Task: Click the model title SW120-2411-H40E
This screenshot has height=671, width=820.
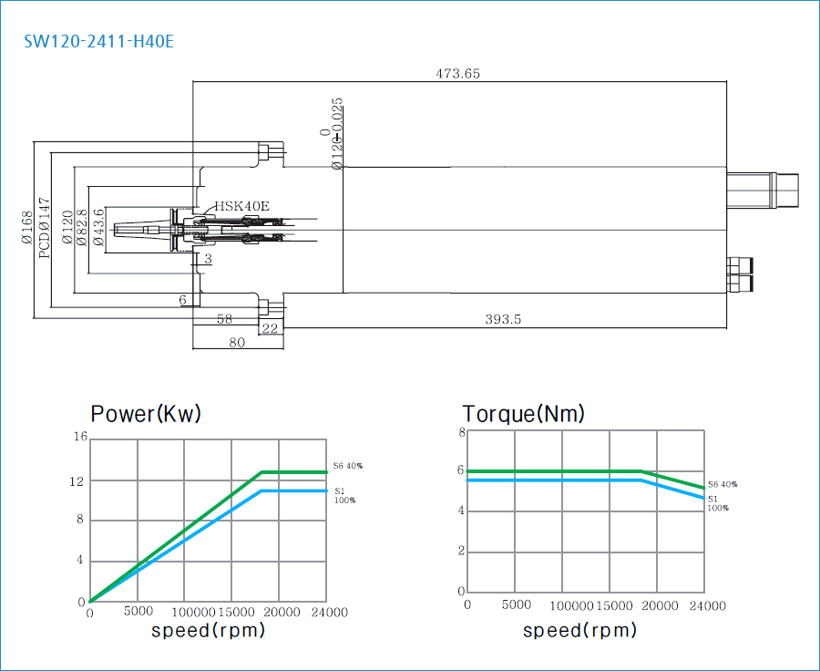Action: coord(98,42)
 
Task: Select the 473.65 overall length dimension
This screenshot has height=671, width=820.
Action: coord(458,74)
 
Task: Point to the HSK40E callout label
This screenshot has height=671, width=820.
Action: coord(242,206)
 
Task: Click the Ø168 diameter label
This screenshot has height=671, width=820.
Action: coord(26,229)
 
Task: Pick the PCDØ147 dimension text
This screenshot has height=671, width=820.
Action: coord(45,229)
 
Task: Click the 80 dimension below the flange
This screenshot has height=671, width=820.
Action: coord(237,343)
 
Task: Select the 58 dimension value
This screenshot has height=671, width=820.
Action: coord(225,319)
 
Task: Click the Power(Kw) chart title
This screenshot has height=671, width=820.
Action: coord(146,414)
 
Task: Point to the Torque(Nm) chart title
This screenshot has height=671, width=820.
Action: coord(523,414)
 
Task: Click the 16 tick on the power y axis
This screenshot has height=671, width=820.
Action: coord(80,438)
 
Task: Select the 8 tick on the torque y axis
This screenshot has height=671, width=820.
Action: coord(462,432)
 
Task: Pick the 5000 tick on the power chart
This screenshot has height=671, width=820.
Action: coord(138,612)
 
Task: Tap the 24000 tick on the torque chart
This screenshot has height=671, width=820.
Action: coord(707,605)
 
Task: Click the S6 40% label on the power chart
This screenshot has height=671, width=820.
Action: coord(347,466)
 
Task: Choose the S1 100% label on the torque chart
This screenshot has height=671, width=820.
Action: coord(718,503)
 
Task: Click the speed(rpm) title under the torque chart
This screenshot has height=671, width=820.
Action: coord(579,630)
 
